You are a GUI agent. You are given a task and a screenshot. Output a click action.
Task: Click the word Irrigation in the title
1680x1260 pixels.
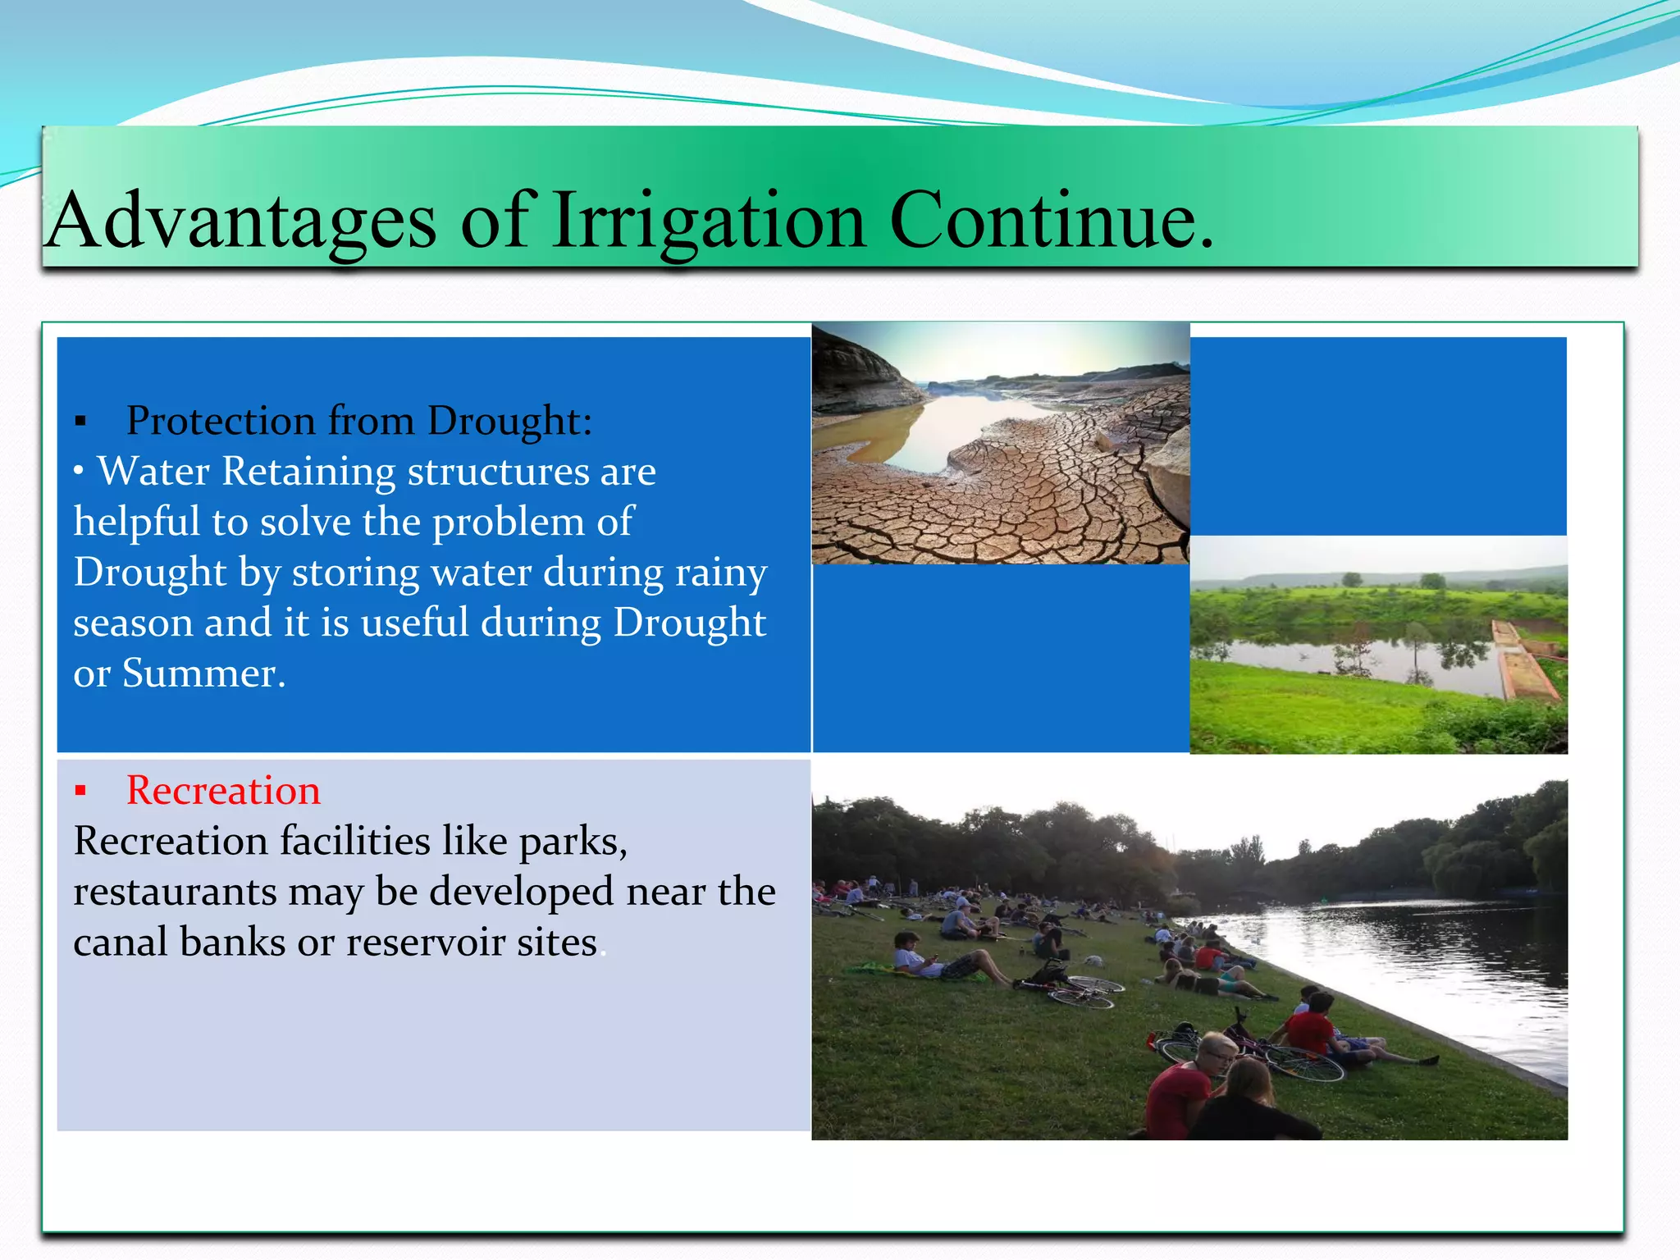pos(708,220)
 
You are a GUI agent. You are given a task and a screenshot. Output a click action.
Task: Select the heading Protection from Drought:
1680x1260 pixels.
pos(358,421)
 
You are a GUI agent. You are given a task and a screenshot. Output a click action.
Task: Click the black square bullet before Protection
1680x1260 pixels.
pos(80,422)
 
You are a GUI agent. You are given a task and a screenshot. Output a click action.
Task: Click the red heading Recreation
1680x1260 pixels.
pos(223,791)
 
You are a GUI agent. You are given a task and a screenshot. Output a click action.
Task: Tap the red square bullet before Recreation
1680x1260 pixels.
pos(80,792)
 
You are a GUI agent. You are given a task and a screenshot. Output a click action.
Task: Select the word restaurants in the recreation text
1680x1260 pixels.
pos(175,892)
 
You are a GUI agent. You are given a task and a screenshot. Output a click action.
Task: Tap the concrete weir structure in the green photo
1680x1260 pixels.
pos(1526,660)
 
